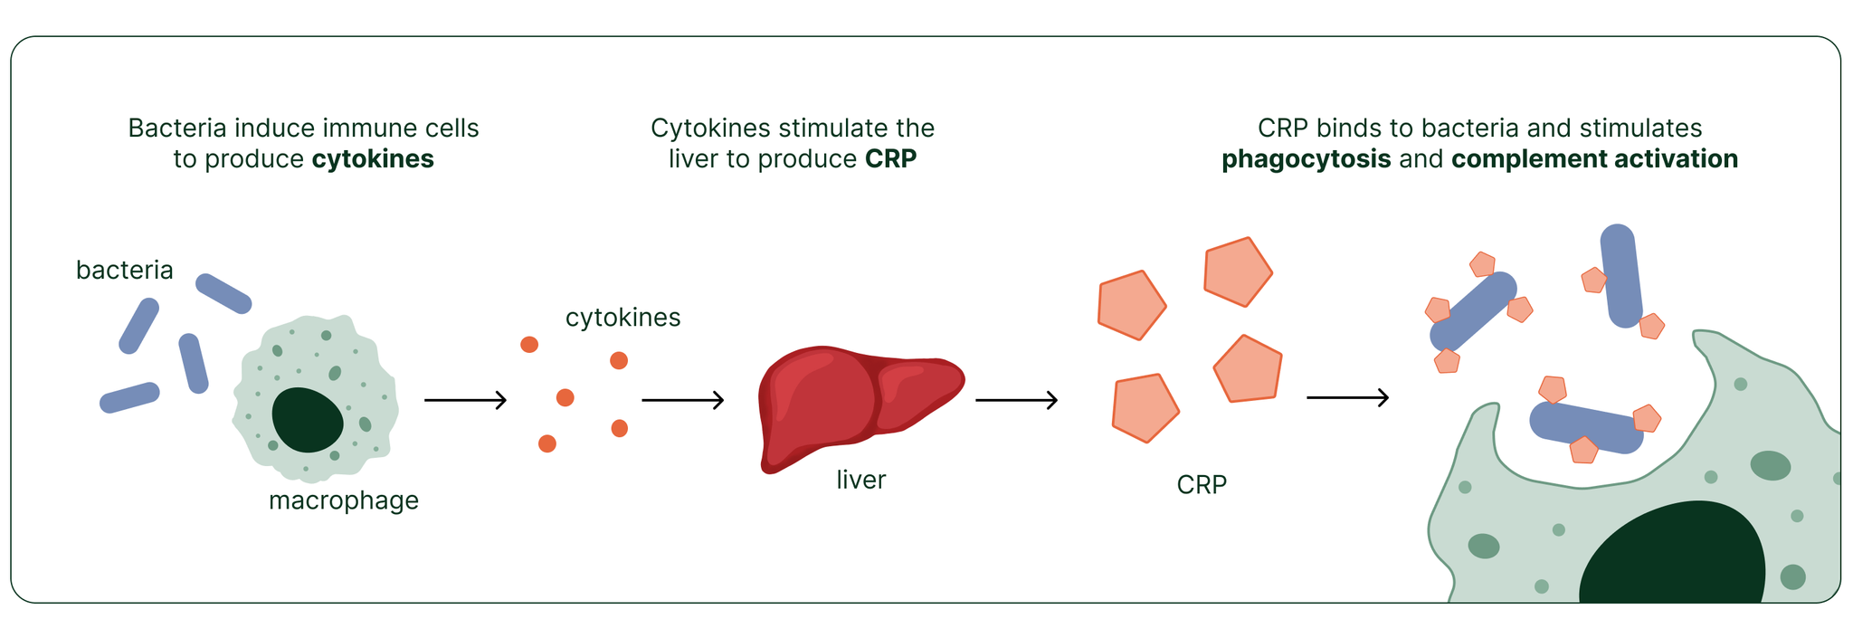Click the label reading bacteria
[x=124, y=270]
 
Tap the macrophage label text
[x=343, y=500]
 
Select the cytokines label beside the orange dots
[x=622, y=318]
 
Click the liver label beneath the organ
[x=860, y=480]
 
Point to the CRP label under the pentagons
[x=1202, y=485]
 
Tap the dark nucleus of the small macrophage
[x=308, y=420]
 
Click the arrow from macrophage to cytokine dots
[x=465, y=399]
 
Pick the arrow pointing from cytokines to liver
[x=683, y=399]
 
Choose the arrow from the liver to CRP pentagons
[x=1016, y=399]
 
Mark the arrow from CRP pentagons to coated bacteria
[x=1347, y=397]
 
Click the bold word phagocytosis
[x=1306, y=159]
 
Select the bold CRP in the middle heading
[x=890, y=159]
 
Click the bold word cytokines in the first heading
[x=373, y=159]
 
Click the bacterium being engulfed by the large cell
[x=1586, y=427]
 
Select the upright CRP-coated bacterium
[x=1620, y=275]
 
